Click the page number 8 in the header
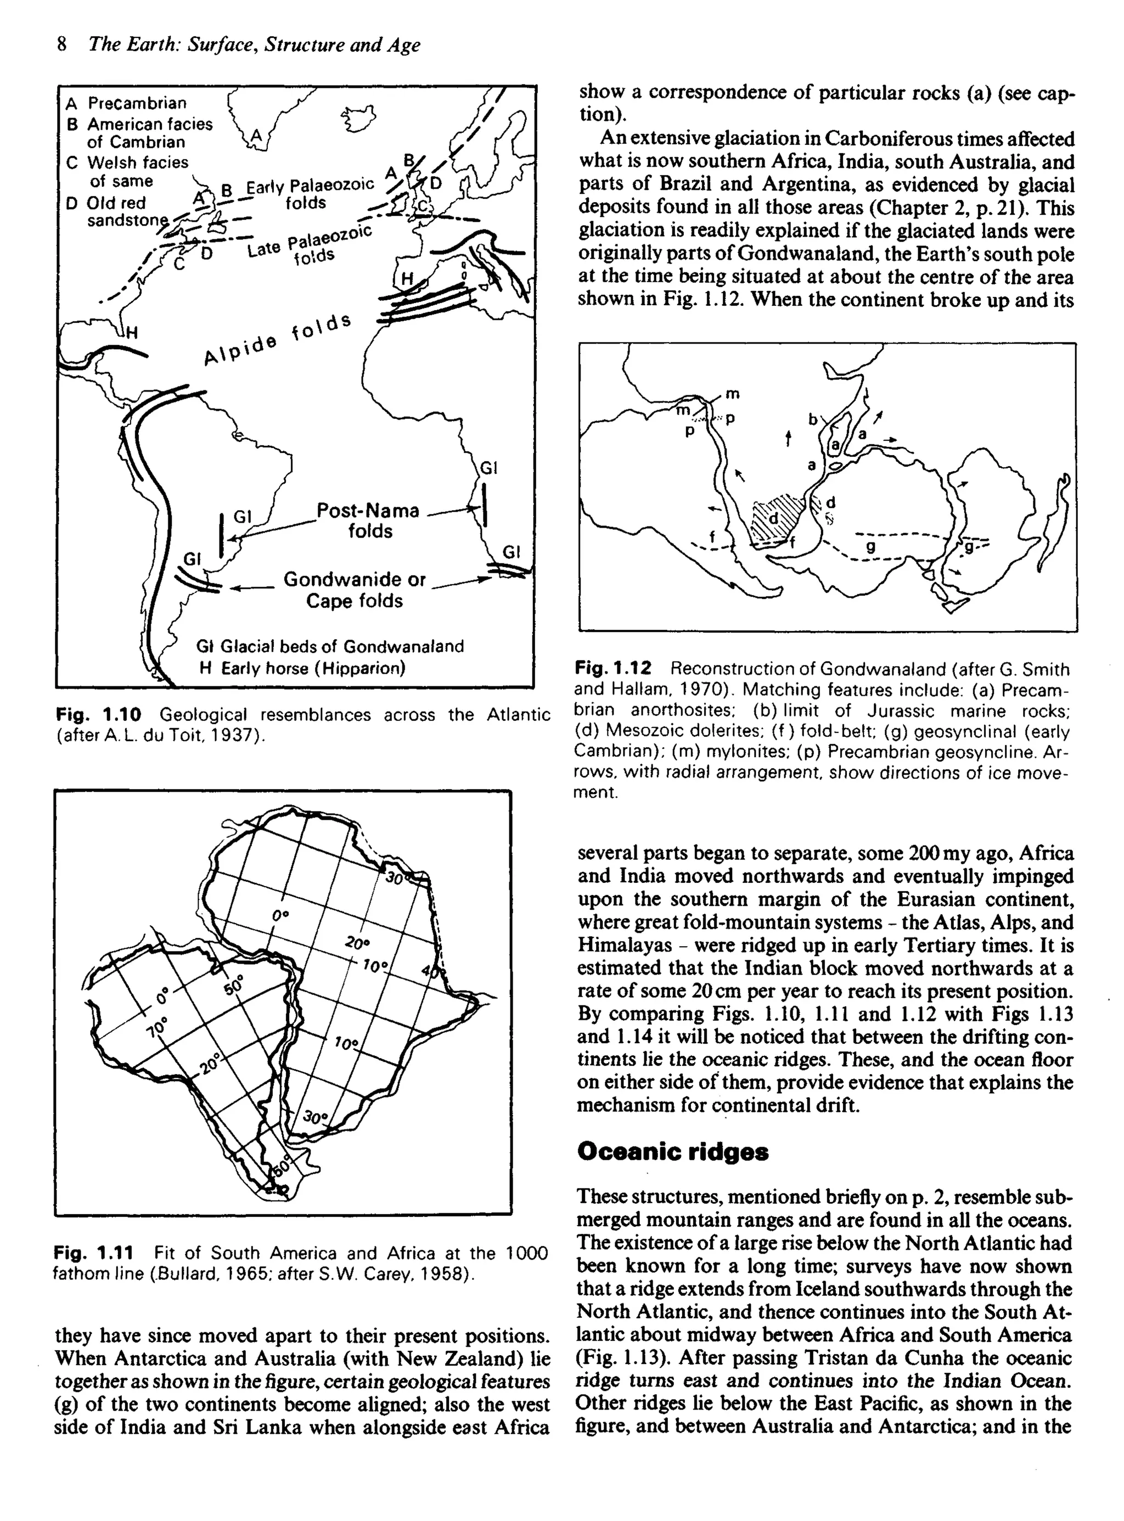point(62,45)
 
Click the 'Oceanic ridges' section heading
point(672,1152)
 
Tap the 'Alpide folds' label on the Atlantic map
point(278,339)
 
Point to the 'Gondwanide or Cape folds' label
point(354,590)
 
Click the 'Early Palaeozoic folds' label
point(310,193)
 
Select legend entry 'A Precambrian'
point(126,103)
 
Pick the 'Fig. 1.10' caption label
point(99,714)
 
